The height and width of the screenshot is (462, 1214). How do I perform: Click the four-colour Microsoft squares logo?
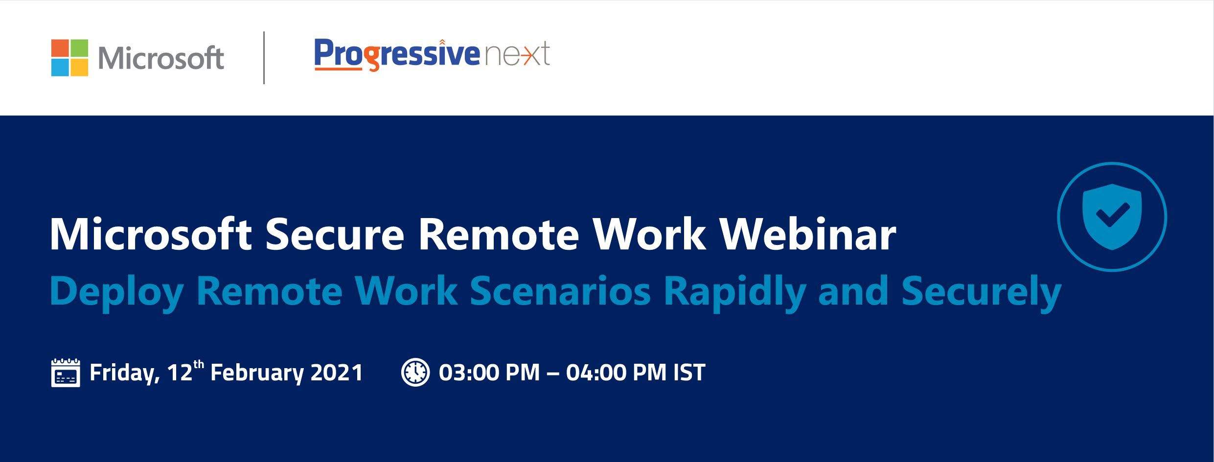[x=69, y=58]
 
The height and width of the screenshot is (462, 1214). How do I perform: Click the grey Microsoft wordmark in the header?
[x=161, y=58]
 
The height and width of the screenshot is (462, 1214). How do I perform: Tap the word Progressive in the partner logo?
[x=397, y=54]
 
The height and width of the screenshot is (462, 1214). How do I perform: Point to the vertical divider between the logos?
[x=264, y=58]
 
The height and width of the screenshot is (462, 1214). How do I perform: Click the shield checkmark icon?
[x=1112, y=217]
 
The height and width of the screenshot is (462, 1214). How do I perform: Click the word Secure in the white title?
[x=335, y=235]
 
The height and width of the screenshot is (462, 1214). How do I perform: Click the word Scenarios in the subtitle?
[x=560, y=291]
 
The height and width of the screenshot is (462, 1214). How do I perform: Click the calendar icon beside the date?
[x=66, y=373]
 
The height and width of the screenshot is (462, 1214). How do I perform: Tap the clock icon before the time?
[x=415, y=372]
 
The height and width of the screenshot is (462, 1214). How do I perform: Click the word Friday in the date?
[x=125, y=373]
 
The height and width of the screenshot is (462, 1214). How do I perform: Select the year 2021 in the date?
[x=337, y=373]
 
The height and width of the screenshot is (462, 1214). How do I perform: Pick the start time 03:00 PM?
[x=489, y=373]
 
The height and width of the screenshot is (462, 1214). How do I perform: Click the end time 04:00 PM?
[x=616, y=373]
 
